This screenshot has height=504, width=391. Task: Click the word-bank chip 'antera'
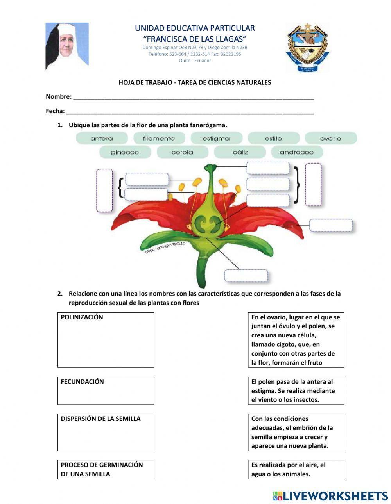[x=102, y=138]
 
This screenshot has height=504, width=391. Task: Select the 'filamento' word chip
[x=159, y=138]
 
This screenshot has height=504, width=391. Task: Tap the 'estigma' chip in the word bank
[x=216, y=138]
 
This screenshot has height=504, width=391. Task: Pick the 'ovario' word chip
[x=330, y=138]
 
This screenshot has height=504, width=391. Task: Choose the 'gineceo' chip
[x=125, y=152]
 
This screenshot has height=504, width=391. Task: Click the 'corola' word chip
[x=182, y=152]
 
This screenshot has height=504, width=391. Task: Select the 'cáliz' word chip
[x=240, y=152]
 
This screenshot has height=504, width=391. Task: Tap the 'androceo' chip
[x=297, y=152]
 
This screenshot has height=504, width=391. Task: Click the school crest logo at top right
[x=308, y=47]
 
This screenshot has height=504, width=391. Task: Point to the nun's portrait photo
[x=67, y=46]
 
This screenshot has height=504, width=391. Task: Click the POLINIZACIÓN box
[x=106, y=340]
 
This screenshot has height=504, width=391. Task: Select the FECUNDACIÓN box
[x=106, y=390]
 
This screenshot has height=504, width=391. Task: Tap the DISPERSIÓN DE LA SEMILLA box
[x=106, y=432]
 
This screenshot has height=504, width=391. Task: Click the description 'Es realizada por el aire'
[x=296, y=469]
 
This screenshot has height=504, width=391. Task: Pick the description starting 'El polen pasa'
[x=296, y=390]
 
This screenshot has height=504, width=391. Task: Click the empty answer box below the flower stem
[x=246, y=276]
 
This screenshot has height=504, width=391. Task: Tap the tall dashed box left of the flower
[x=104, y=191]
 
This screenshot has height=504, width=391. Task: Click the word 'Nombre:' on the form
[x=59, y=96]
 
